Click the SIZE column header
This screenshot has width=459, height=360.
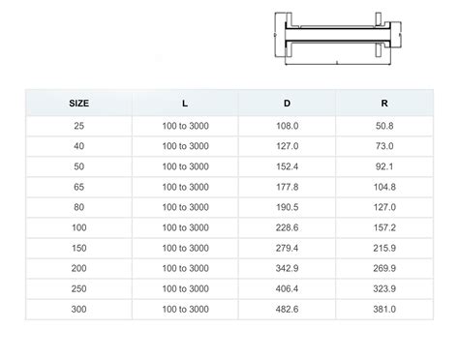point(78,104)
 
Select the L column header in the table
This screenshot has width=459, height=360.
point(185,104)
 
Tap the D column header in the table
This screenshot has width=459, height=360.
point(287,104)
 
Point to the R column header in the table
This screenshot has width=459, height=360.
point(384,104)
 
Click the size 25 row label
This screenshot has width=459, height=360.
point(79,126)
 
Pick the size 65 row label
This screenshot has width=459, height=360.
point(79,187)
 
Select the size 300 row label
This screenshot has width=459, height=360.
point(78,309)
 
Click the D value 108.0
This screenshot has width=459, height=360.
point(287,126)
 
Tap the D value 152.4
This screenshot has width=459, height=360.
point(287,166)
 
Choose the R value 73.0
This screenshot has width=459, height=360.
point(384,146)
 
